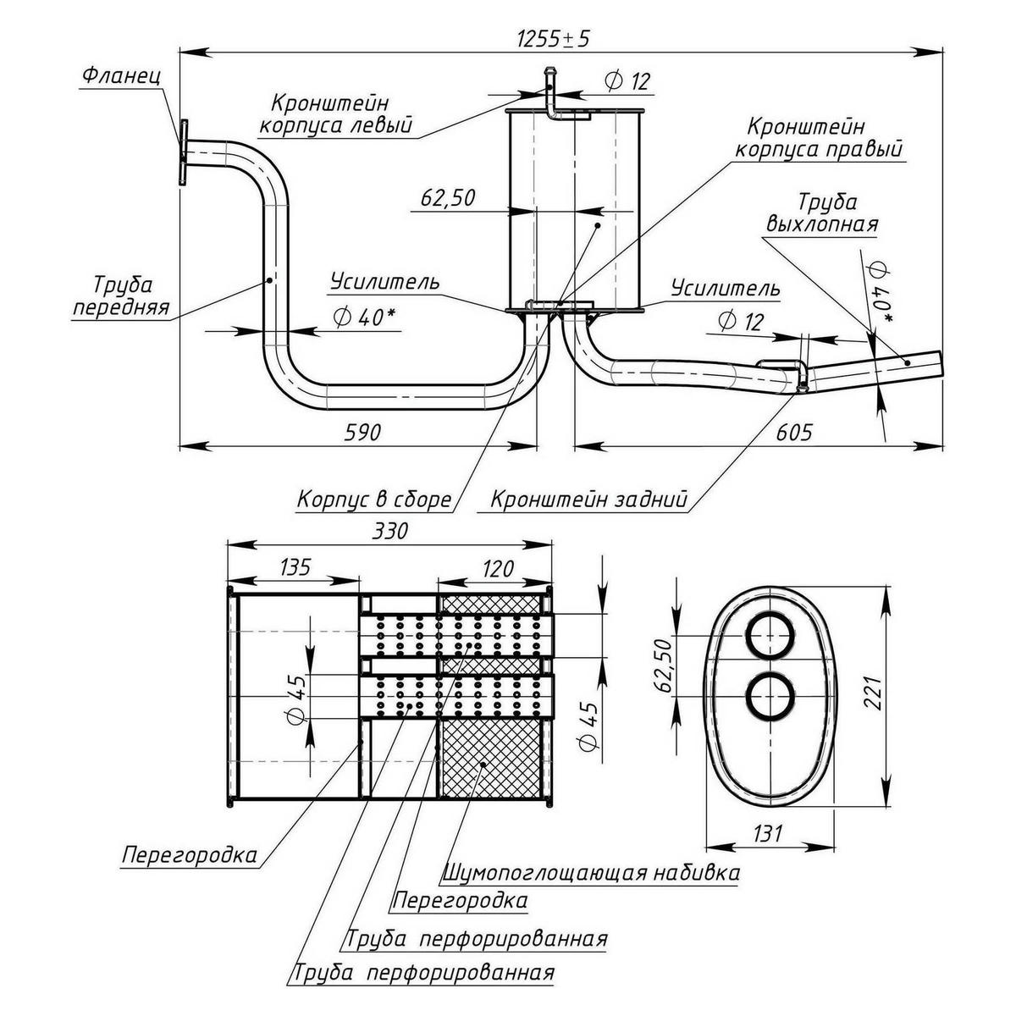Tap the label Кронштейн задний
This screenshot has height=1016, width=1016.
pos(589,500)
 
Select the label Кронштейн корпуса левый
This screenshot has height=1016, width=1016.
pos(336,115)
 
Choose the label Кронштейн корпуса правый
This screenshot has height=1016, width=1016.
pos(818,139)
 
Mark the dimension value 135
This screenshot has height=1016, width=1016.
pos(292,566)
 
